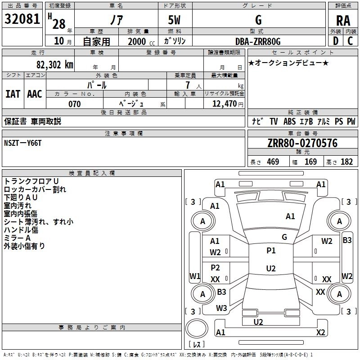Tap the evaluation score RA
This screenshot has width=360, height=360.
click(343, 21)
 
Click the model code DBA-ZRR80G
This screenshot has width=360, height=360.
click(258, 41)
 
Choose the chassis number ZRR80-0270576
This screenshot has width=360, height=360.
click(302, 144)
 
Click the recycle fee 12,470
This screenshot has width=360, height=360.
click(224, 104)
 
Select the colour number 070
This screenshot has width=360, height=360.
click(74, 104)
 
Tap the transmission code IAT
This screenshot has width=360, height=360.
click(13, 94)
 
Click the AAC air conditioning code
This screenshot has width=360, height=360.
click(35, 94)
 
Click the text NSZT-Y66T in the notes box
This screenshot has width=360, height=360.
click(23, 143)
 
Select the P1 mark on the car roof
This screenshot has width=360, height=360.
click(271, 251)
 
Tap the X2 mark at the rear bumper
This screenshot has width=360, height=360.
click(321, 333)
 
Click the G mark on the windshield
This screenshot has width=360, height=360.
click(284, 237)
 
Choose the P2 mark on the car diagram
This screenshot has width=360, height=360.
click(216, 268)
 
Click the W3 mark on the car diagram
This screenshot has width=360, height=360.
click(221, 308)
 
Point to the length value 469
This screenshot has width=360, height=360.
click(273, 162)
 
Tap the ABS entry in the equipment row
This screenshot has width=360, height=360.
click(289, 121)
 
